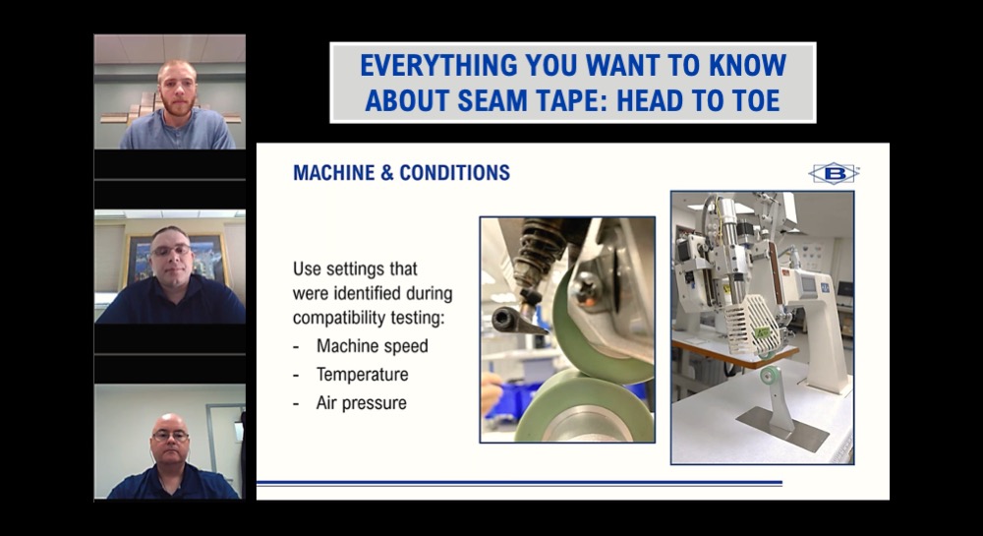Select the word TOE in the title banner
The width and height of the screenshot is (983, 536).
(x=756, y=100)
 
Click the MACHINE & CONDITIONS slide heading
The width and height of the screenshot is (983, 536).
(x=401, y=173)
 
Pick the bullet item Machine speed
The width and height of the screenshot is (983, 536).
(x=372, y=346)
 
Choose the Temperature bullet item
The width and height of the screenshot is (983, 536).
(x=362, y=375)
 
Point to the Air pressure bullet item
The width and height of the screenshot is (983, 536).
(x=361, y=403)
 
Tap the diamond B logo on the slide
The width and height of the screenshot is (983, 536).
(x=834, y=173)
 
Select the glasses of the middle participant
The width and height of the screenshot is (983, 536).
(x=170, y=251)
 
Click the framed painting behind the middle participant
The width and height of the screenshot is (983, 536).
(x=138, y=257)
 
